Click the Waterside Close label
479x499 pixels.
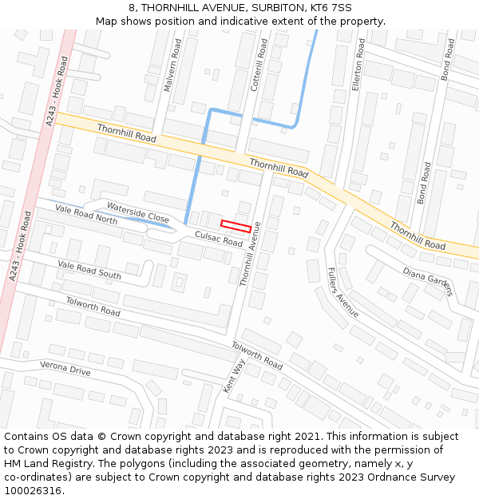pos(138,212)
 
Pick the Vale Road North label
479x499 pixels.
pos(86,214)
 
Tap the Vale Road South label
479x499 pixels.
pos(89,270)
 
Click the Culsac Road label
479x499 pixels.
pos(219,237)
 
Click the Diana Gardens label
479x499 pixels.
pos(427,280)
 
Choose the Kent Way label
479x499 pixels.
pos(235,376)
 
